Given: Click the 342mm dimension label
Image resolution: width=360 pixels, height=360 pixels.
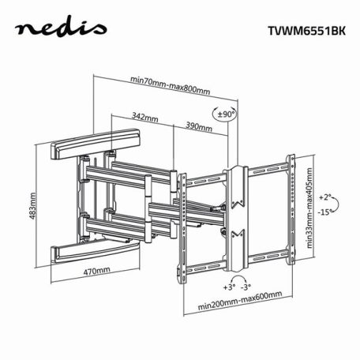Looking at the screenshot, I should pyautogui.click(x=143, y=116).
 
